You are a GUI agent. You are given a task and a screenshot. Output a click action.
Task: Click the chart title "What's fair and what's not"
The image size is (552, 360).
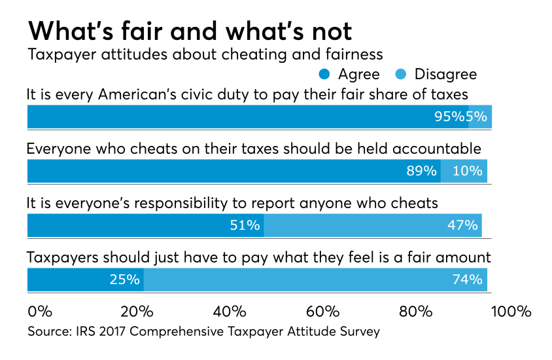click(x=190, y=31)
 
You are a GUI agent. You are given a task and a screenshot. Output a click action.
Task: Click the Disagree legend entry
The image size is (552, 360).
click(x=438, y=74)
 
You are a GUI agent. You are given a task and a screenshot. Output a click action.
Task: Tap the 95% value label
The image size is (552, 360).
click(x=449, y=117)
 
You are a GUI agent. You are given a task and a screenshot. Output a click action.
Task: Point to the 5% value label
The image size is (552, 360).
click(x=476, y=117)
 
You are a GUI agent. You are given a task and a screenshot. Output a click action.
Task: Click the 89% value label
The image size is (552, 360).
click(x=421, y=171)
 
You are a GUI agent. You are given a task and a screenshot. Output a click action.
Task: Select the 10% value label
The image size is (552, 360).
click(x=467, y=171)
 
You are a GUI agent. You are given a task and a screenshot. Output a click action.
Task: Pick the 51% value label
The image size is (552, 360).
click(x=243, y=225)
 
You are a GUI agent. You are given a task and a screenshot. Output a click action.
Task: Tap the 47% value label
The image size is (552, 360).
click(x=462, y=225)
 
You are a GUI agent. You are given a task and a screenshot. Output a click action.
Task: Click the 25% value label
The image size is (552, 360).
click(x=124, y=279)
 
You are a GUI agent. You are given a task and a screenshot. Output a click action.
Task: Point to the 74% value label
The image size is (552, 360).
click(x=467, y=279)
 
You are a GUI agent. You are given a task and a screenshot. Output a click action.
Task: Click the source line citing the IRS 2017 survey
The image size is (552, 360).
click(x=203, y=332)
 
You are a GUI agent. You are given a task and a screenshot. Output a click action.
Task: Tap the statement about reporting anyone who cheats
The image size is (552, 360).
click(x=232, y=203)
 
